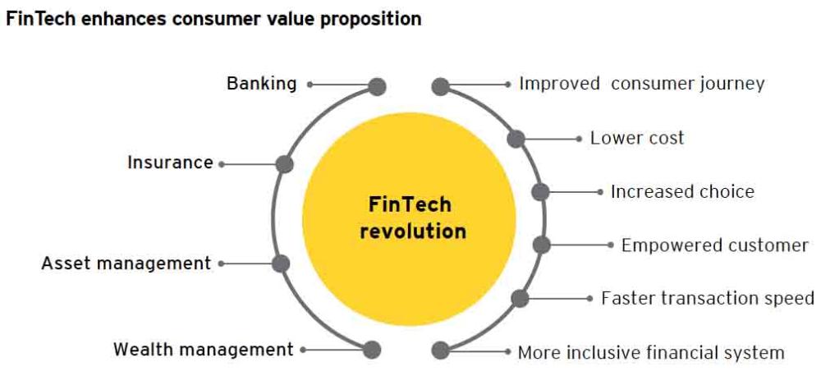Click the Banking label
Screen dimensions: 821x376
click(261, 84)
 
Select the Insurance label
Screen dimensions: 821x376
click(170, 163)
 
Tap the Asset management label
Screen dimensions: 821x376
click(126, 264)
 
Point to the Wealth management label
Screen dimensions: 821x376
click(203, 349)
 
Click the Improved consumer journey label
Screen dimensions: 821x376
click(642, 84)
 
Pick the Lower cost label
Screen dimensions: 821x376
click(637, 138)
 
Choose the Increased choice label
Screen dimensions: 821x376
click(682, 191)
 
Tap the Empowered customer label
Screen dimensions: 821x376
click(715, 245)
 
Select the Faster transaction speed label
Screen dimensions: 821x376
click(708, 298)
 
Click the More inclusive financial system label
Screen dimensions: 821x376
click(651, 352)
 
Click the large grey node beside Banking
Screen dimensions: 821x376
click(377, 87)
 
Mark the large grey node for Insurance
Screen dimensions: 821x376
click(284, 164)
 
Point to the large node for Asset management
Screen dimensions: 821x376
click(281, 264)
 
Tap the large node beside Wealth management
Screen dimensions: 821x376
click(372, 350)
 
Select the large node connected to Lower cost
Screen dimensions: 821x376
click(516, 139)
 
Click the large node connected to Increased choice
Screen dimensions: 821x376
click(540, 192)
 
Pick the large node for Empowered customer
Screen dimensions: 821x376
click(542, 245)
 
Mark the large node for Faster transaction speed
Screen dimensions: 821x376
click(520, 299)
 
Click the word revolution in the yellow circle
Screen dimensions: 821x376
click(413, 231)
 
